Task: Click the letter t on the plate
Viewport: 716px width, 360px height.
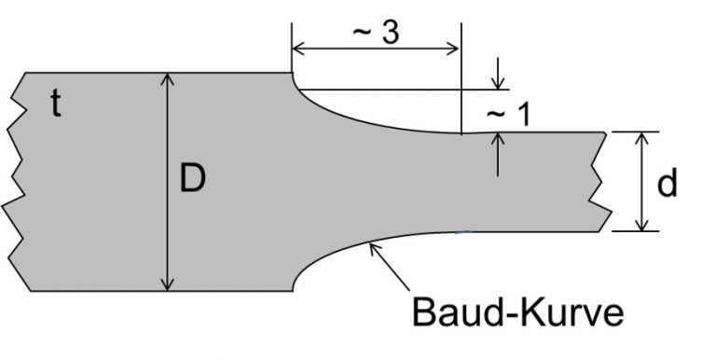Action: [x=56, y=105]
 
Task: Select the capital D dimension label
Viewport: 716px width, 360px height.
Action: [x=192, y=178]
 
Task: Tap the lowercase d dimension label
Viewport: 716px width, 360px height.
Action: [x=667, y=185]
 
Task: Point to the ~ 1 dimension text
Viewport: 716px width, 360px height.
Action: [x=508, y=114]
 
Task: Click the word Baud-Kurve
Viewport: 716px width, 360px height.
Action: [x=517, y=312]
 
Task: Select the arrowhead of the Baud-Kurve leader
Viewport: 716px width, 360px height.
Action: [x=373, y=245]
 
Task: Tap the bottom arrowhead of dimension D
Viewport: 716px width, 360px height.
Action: [x=168, y=284]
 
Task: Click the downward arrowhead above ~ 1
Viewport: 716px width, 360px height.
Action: [x=499, y=83]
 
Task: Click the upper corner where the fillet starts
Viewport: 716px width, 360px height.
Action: [x=293, y=74]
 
